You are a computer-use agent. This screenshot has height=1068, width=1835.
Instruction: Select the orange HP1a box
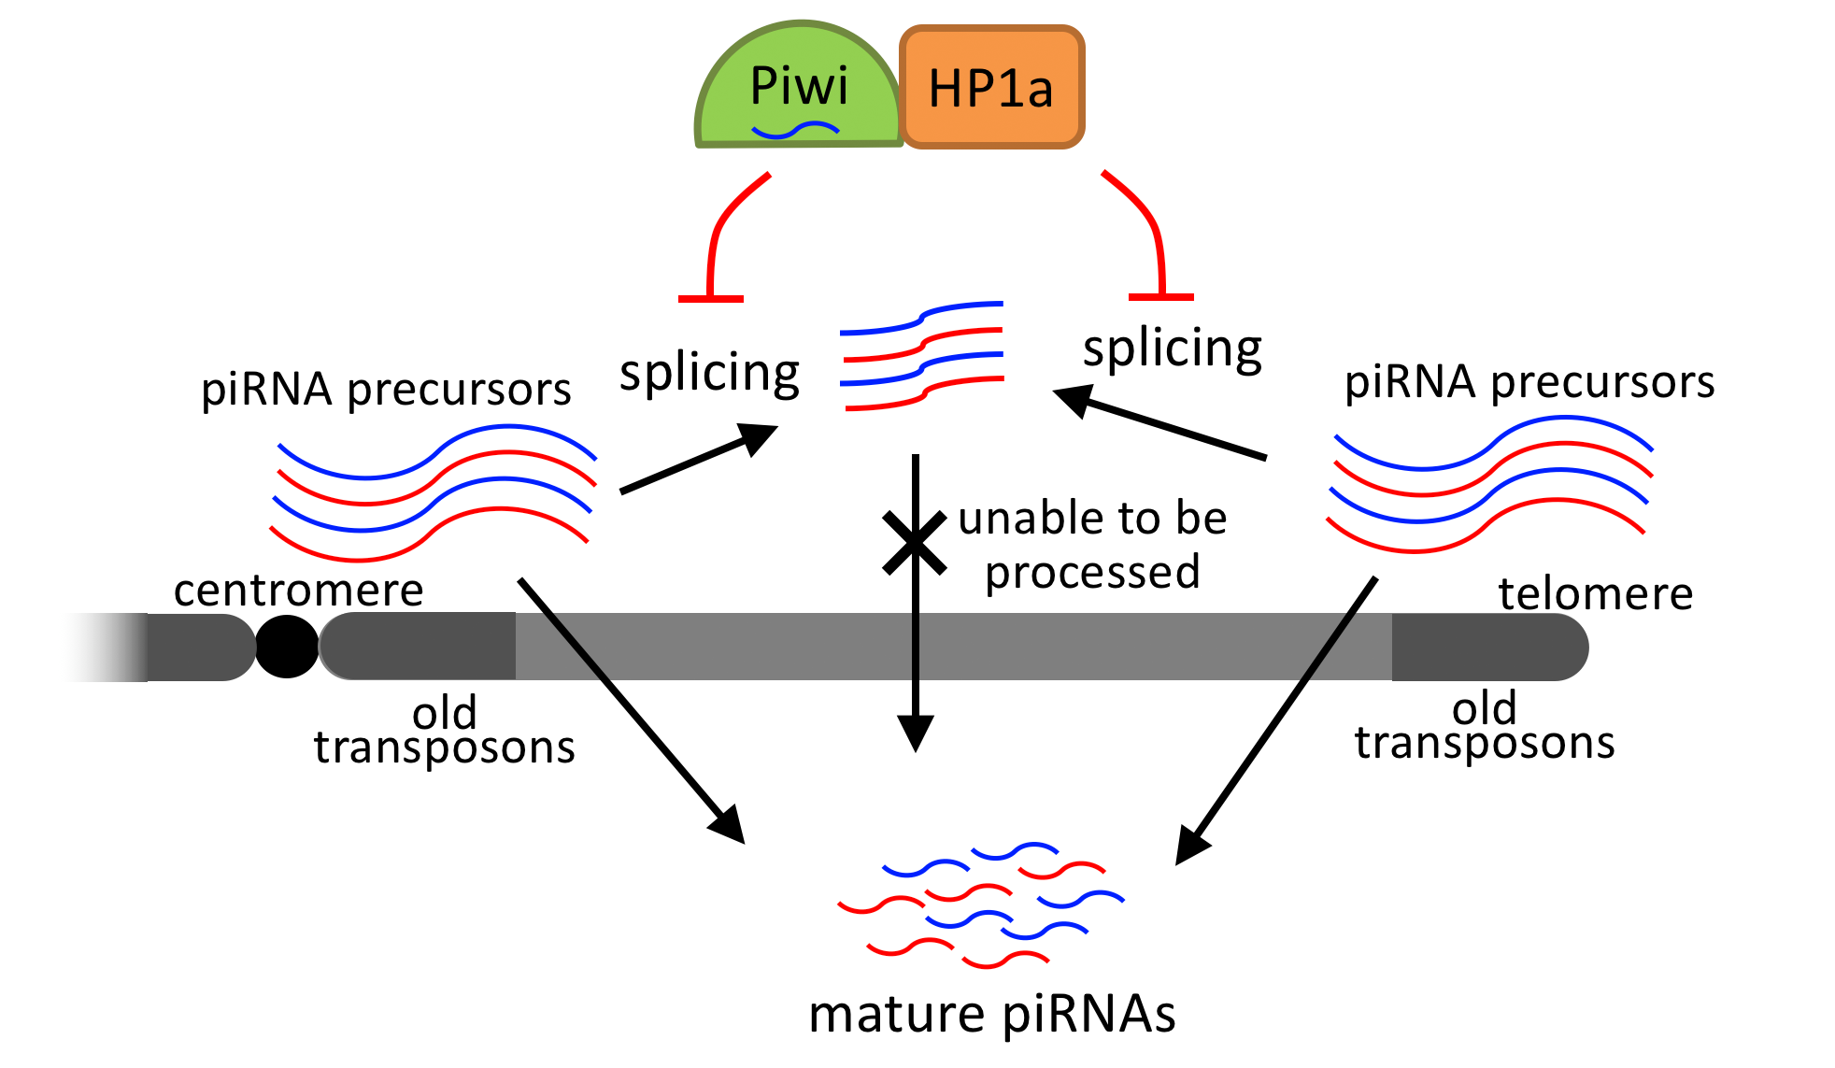991,88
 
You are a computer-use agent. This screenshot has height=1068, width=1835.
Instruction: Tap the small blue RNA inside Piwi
795,131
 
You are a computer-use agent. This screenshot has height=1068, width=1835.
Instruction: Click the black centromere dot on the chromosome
287,647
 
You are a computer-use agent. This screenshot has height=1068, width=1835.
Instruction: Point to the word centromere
299,591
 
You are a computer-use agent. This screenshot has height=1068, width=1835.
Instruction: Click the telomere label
1595,594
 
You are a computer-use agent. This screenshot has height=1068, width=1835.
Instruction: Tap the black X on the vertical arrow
915,542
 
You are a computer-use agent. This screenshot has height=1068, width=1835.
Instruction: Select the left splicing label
709,374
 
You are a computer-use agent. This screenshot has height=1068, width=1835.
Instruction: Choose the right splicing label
1172,349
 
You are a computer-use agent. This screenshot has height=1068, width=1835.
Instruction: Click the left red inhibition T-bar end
710,298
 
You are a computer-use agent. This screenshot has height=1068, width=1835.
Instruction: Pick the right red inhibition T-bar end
1161,296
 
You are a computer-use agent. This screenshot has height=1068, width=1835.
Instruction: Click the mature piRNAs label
991,1015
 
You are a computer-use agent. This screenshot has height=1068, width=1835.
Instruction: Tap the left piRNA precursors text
386,389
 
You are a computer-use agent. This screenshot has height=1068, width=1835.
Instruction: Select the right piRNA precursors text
1529,382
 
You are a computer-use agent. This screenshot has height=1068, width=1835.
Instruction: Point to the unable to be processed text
1092,545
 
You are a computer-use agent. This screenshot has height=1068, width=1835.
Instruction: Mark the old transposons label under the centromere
445,731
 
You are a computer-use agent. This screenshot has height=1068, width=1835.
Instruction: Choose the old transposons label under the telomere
1485,726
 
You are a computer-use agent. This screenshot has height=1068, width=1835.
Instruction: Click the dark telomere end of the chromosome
1486,647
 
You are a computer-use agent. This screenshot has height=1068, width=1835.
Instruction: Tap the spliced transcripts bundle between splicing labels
922,356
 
